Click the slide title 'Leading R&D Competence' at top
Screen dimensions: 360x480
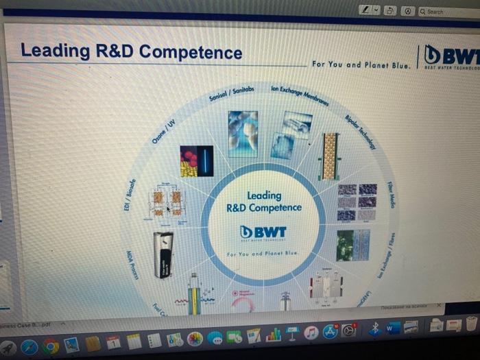pyautogui.click(x=131, y=51)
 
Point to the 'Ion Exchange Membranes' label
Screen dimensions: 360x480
pyautogui.click(x=300, y=96)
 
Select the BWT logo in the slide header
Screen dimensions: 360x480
pyautogui.click(x=451, y=56)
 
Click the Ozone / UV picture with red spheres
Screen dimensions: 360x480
pyautogui.click(x=197, y=160)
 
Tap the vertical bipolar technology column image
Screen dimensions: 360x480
pyautogui.click(x=330, y=156)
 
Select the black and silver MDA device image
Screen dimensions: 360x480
pyautogui.click(x=164, y=254)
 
